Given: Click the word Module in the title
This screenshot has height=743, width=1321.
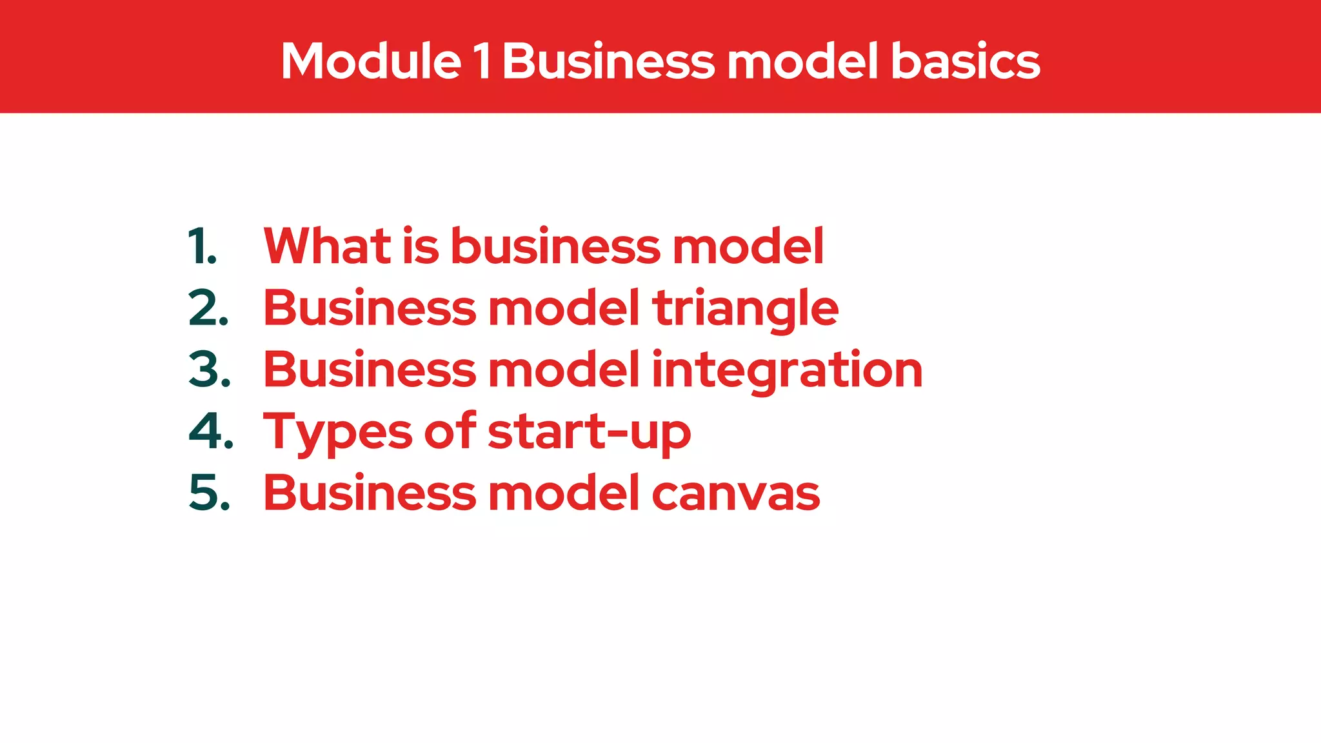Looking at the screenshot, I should click(x=371, y=61).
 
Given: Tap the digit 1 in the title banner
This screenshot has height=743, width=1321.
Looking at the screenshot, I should click(x=482, y=61).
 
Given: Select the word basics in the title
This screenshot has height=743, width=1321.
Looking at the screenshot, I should click(x=965, y=61).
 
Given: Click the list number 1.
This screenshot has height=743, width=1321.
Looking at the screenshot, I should click(x=202, y=246).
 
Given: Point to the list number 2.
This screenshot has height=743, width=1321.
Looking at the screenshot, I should click(x=208, y=308).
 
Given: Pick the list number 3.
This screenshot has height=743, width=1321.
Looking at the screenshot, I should click(x=209, y=370).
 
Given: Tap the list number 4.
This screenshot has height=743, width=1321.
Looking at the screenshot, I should click(x=210, y=431).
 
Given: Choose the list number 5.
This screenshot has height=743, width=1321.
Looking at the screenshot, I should click(x=209, y=493).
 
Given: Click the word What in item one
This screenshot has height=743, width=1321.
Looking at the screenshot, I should click(x=327, y=246).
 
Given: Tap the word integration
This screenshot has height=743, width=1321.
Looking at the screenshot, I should click(x=787, y=371).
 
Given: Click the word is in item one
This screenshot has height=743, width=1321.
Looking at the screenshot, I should click(x=421, y=246).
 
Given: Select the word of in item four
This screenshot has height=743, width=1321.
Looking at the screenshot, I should click(x=450, y=431).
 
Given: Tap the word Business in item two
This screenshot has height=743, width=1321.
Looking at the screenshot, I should click(x=370, y=308).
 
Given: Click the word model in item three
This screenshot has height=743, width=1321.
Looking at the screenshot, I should click(x=564, y=370).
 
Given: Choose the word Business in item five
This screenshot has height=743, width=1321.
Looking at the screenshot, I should click(x=370, y=493).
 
